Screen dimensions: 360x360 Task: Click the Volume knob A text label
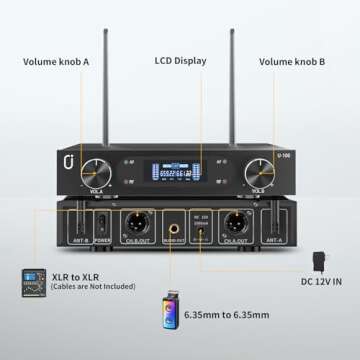[x=56, y=61]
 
